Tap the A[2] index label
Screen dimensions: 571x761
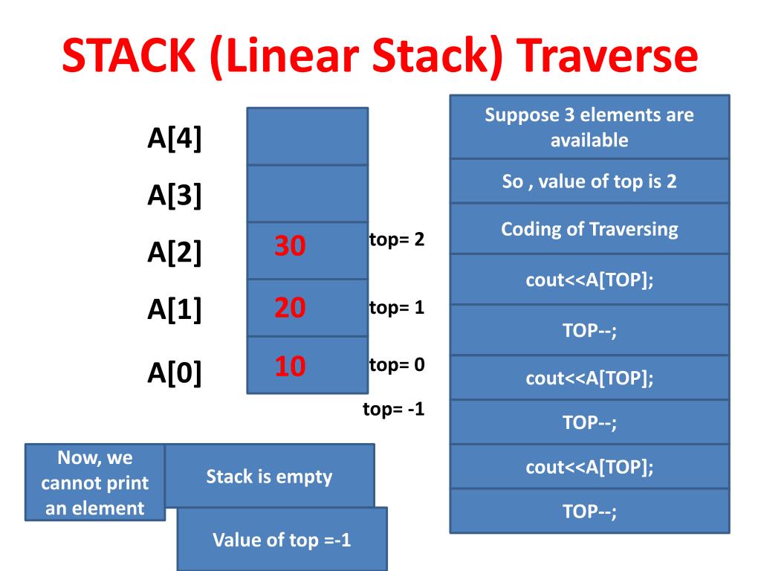coord(175,253)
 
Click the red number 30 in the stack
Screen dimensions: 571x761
coord(290,246)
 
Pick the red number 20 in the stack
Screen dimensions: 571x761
coord(290,307)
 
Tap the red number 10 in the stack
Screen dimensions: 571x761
coord(290,366)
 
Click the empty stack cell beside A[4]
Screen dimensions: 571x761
coord(307,136)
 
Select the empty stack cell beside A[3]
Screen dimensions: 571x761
coord(307,193)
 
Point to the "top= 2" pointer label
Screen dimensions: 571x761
coord(396,241)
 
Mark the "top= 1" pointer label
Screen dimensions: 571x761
coord(396,307)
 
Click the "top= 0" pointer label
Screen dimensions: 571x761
coord(396,365)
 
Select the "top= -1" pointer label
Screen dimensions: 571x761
coord(393,408)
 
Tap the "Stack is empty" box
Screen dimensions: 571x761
coord(269,476)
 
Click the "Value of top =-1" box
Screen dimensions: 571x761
coord(282,539)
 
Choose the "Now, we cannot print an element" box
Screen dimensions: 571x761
coord(94,483)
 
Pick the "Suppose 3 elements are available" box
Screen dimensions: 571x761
coord(589,127)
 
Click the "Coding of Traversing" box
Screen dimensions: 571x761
coord(589,229)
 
